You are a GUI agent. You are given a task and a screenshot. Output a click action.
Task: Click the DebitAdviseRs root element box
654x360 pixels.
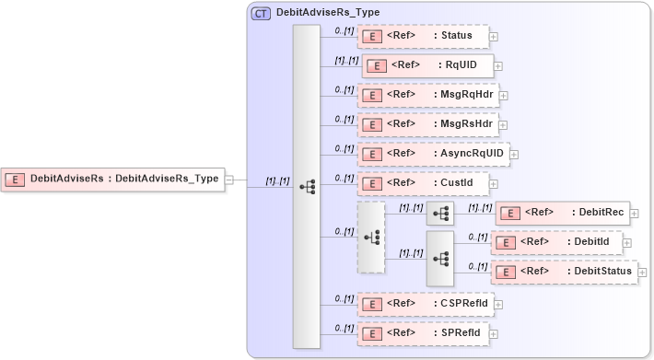114,179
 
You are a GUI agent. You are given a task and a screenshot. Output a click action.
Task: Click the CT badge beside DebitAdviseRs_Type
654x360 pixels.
262,14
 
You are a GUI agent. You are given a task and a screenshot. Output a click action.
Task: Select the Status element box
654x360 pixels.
423,36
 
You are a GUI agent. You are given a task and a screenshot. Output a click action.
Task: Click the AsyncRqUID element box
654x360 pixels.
433,154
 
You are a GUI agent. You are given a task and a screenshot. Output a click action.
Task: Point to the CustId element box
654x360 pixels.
423,183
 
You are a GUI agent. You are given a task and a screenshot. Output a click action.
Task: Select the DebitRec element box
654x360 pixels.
562,213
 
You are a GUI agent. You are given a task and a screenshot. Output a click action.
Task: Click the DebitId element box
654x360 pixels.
556,242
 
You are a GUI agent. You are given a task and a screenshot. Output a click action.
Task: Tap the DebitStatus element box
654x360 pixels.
563,272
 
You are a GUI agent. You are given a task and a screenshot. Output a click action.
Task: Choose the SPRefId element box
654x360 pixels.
423,331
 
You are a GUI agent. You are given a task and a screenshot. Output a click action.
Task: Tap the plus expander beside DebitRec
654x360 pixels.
634,213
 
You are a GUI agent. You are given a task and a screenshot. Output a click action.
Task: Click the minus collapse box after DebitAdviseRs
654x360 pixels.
229,180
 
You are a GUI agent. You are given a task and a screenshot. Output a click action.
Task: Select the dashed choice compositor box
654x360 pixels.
371,238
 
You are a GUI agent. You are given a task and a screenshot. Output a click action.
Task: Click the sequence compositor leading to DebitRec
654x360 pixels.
440,214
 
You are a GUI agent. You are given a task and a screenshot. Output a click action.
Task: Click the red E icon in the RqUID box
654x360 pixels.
376,65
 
